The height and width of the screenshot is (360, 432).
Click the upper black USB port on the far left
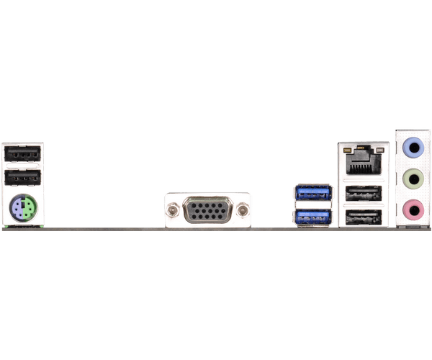pos(22,154)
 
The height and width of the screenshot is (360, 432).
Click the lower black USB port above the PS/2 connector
pos(22,178)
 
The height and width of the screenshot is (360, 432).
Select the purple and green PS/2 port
pos(23,210)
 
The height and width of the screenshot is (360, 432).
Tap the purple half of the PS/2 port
pos(18,210)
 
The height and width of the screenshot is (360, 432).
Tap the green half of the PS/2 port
pos(28,210)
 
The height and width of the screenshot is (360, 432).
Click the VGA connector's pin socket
pos(208,211)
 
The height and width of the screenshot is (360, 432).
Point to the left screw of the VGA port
pos(173,211)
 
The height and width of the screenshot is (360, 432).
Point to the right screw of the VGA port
pos(243,211)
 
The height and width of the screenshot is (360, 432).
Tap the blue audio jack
pos(411,148)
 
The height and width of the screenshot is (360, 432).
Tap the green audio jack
pos(411,179)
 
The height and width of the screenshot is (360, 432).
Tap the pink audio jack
pos(411,210)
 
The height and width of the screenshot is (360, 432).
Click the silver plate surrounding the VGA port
pos(208,197)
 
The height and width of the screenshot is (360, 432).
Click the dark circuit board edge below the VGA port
pos(208,230)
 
